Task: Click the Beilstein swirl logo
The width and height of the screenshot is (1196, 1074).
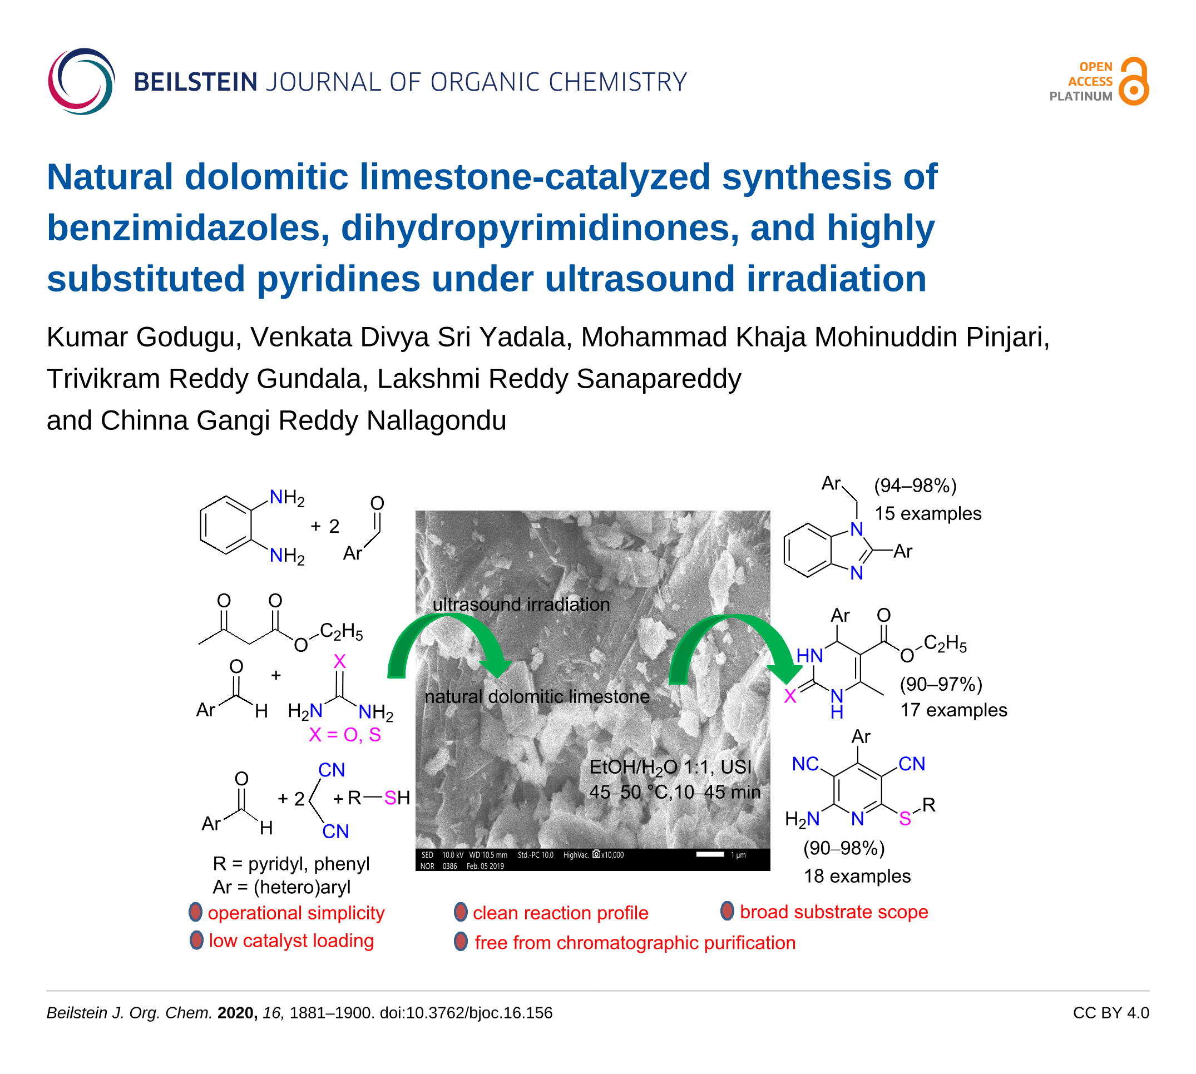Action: pos(81,81)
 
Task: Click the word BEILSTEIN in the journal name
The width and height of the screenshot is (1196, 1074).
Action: pos(195,82)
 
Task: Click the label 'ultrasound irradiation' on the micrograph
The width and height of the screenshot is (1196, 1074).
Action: pos(521,604)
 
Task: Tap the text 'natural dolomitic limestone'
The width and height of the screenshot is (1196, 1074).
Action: pos(537,696)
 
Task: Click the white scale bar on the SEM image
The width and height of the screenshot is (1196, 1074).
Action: pos(710,854)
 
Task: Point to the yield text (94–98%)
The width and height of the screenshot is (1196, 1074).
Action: pos(915,486)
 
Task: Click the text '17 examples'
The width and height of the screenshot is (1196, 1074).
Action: pos(953,710)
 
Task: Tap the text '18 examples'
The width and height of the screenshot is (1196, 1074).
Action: pos(857,876)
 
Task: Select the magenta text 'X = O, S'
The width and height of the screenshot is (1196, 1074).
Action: pos(345,735)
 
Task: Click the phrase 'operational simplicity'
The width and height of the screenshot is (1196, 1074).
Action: pos(296,913)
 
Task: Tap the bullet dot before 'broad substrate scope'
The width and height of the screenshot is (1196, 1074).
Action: pos(727,911)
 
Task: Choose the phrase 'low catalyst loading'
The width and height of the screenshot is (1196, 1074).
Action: pos(291,941)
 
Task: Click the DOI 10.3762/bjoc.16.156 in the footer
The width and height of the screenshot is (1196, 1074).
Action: pos(466,1013)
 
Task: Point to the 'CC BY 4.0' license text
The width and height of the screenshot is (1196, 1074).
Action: pos(1110,1013)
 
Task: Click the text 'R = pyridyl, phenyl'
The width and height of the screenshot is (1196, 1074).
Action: pos(291,864)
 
